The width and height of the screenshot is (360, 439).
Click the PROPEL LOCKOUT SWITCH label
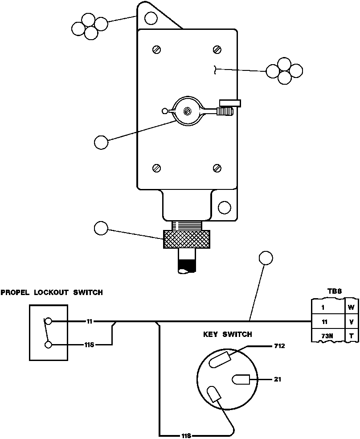[x=52, y=293]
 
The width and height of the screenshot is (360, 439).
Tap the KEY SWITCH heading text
[x=228, y=334]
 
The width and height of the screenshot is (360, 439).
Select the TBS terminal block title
[x=334, y=291]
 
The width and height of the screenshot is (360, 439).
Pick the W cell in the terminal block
[x=352, y=307]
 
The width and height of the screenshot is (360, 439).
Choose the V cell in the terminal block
[x=352, y=322]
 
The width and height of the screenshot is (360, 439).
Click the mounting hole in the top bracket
[x=151, y=18]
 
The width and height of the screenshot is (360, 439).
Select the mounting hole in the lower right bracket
[x=225, y=207]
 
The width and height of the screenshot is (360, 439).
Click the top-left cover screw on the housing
[x=156, y=49]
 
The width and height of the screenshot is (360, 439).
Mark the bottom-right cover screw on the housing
[x=217, y=168]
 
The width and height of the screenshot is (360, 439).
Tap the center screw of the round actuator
[x=188, y=111]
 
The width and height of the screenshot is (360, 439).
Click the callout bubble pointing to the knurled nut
[x=102, y=228]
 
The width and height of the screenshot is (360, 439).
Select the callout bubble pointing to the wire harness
[x=266, y=258]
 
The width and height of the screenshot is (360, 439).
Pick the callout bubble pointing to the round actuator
[x=102, y=143]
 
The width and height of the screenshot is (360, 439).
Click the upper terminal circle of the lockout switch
[x=48, y=321]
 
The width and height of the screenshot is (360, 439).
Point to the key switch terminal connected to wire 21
[x=241, y=380]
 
